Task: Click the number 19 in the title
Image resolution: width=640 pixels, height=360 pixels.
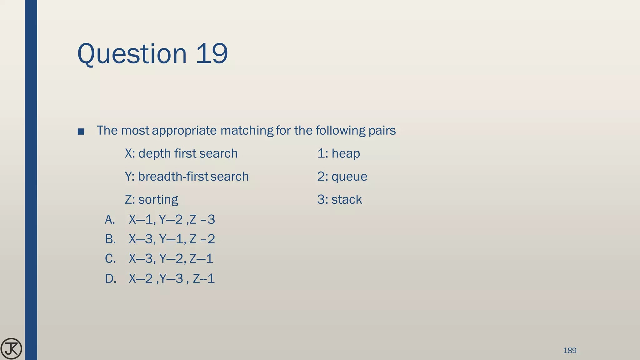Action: tap(212, 54)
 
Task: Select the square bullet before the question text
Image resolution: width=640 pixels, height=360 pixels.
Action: tap(81, 132)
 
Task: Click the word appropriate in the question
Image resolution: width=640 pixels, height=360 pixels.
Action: tap(184, 131)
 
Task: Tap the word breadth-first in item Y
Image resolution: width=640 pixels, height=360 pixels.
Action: tap(173, 177)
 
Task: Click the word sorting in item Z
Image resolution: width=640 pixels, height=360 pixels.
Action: tap(158, 200)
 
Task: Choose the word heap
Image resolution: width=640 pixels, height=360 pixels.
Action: tap(346, 153)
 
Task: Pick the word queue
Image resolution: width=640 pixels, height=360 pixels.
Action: tap(349, 177)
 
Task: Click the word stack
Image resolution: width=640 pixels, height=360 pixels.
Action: tap(347, 200)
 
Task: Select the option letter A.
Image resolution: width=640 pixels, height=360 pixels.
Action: tap(110, 220)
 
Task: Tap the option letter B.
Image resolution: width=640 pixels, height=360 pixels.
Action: tap(110, 239)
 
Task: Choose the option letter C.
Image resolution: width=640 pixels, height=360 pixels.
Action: tap(110, 259)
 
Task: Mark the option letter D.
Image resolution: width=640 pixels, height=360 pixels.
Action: tap(110, 278)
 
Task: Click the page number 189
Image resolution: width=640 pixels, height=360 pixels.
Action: tap(569, 350)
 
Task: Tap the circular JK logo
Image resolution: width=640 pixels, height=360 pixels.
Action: tap(11, 348)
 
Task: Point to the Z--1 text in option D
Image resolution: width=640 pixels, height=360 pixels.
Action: tap(204, 278)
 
